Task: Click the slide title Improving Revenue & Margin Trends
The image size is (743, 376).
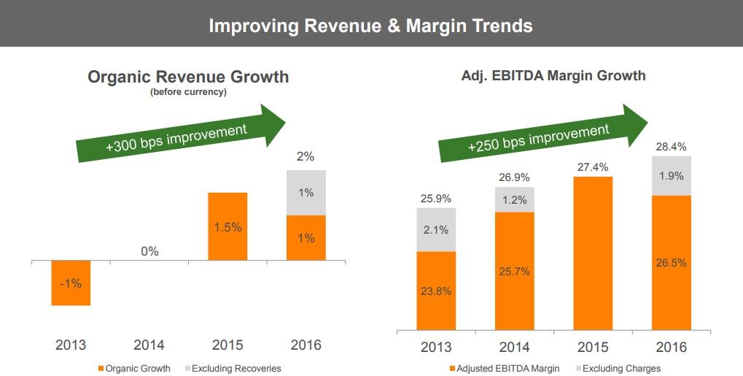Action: [370, 26]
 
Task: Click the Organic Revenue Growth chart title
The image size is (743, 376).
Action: [188, 77]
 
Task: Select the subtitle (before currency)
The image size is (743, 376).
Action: [188, 92]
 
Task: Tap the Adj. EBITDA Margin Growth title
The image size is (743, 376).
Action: [553, 75]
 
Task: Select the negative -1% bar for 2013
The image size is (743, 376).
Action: [71, 283]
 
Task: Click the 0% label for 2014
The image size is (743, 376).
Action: [149, 251]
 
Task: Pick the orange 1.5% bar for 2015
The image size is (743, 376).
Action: [227, 226]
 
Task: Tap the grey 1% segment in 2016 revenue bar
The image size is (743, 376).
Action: [306, 193]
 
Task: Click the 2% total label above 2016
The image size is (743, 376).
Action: [306, 156]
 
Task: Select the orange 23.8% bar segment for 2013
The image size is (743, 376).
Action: [436, 291]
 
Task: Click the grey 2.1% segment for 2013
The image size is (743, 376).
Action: [436, 230]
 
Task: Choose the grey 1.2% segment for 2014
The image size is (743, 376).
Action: [514, 199]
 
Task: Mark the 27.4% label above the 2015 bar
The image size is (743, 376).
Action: [592, 167]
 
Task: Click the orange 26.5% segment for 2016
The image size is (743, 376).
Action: [671, 263]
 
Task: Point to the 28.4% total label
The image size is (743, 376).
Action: [671, 147]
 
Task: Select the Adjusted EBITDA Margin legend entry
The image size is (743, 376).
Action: [504, 368]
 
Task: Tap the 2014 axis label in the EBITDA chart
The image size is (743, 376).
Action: [514, 347]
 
